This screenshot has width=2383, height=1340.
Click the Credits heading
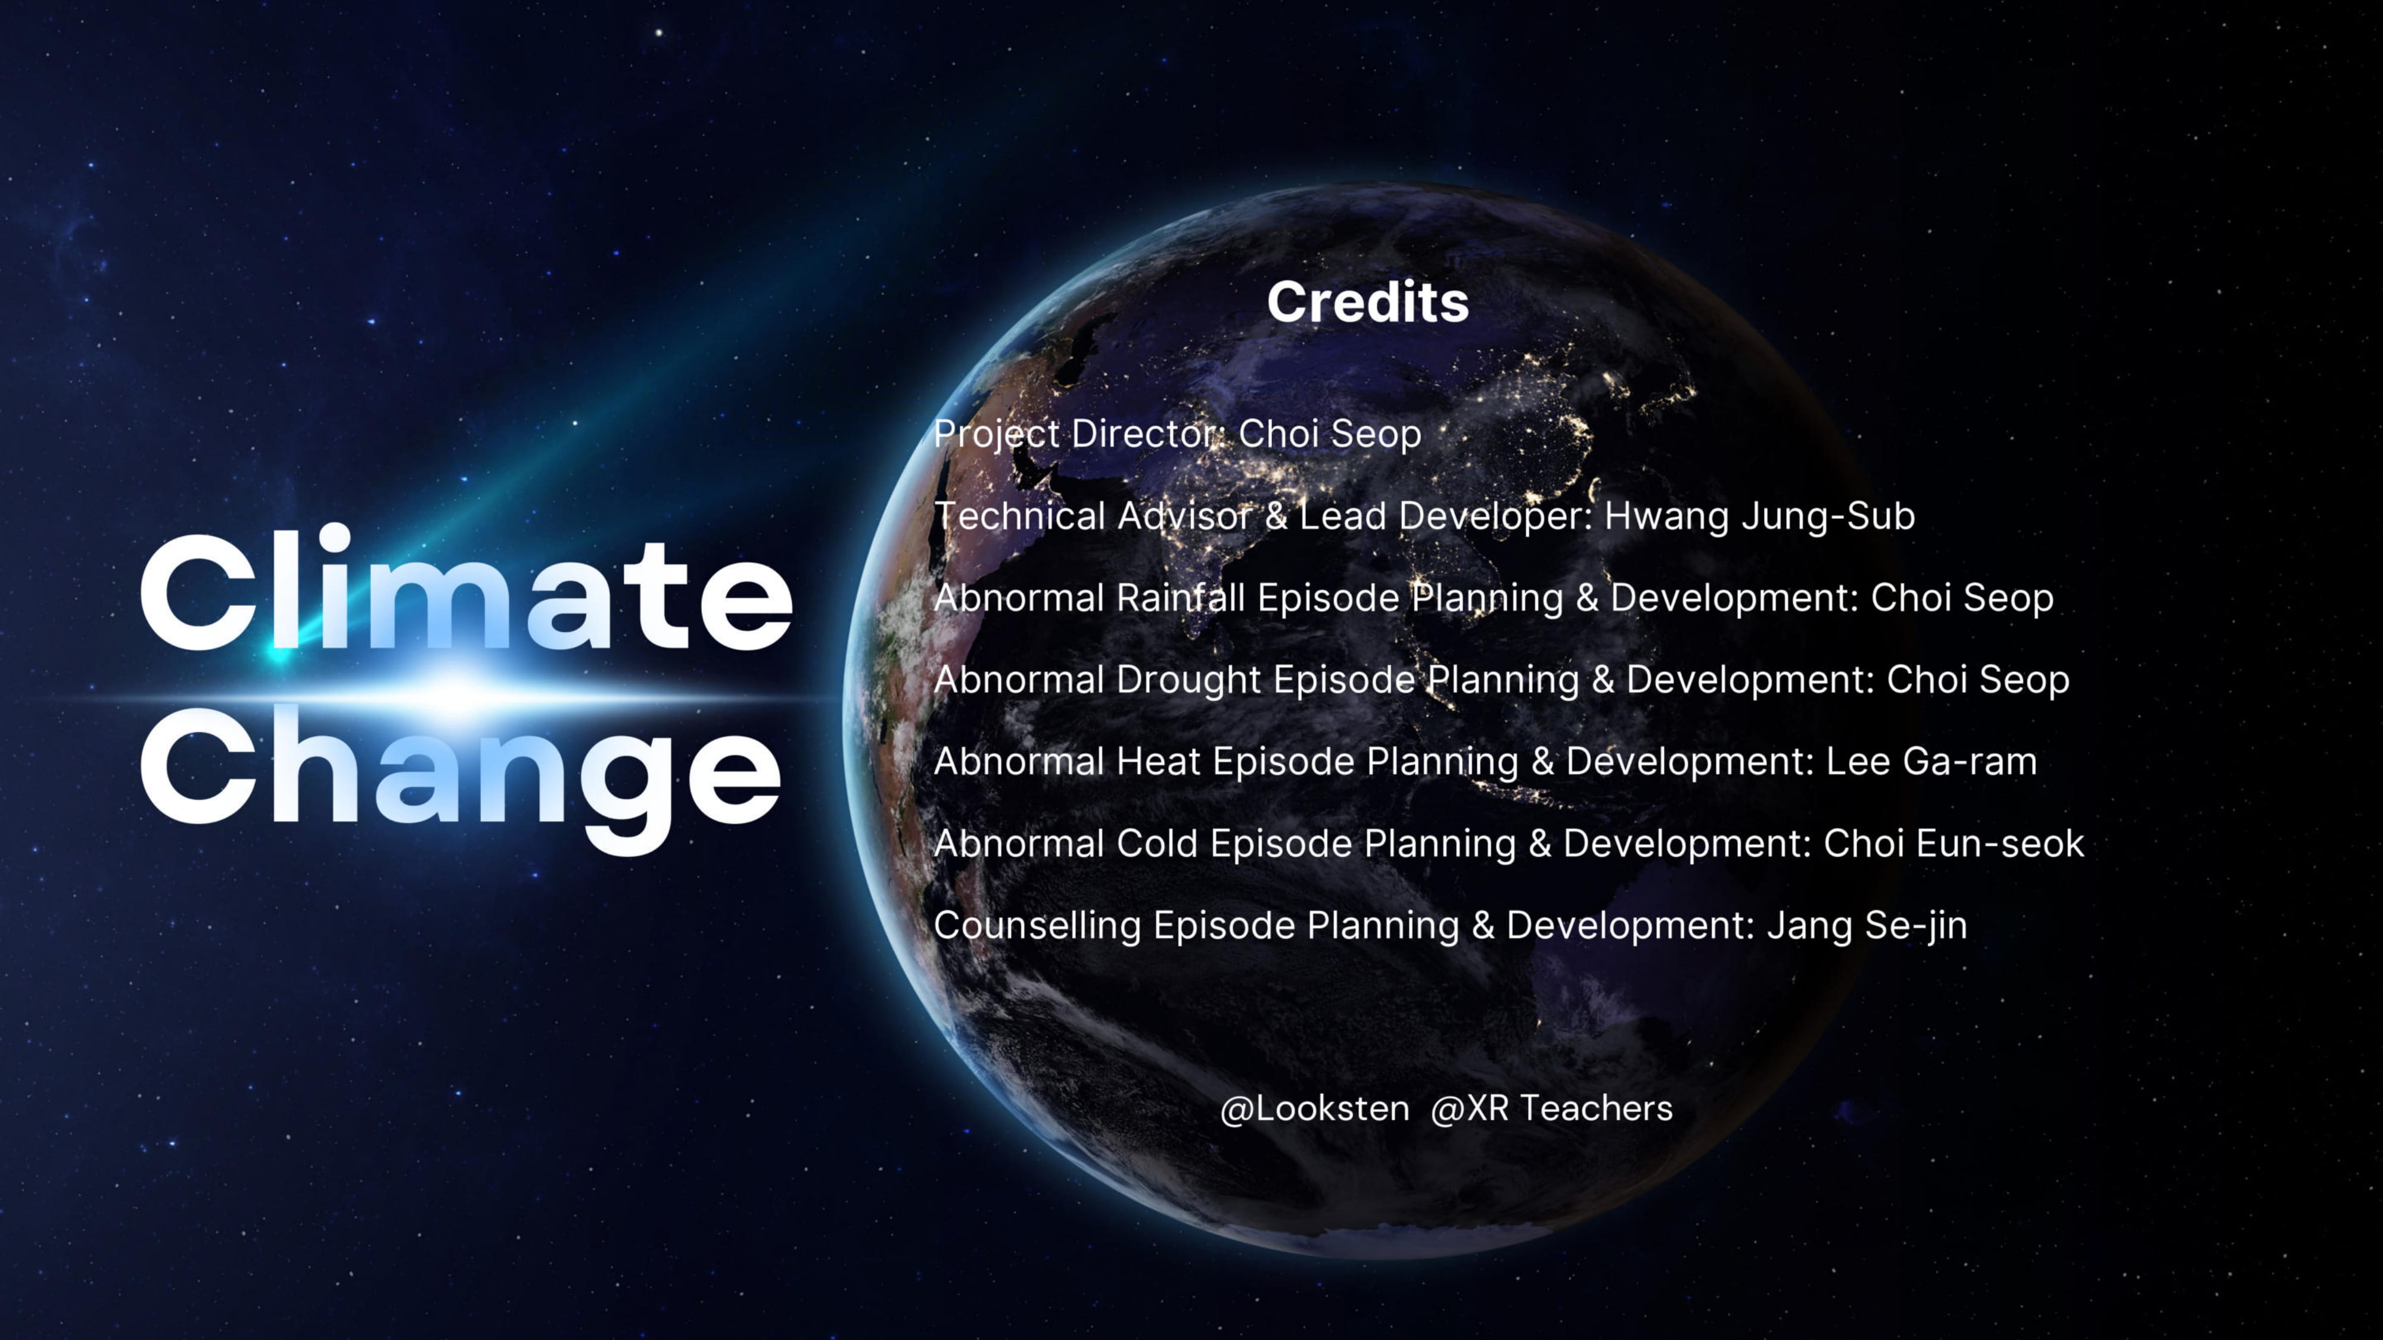(1367, 303)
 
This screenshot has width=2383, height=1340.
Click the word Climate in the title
(465, 592)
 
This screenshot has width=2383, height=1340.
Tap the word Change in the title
(461, 772)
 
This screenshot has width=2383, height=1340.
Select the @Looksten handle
(1315, 1108)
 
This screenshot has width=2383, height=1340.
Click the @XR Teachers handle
(1551, 1108)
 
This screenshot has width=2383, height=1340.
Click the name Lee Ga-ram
(1931, 762)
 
